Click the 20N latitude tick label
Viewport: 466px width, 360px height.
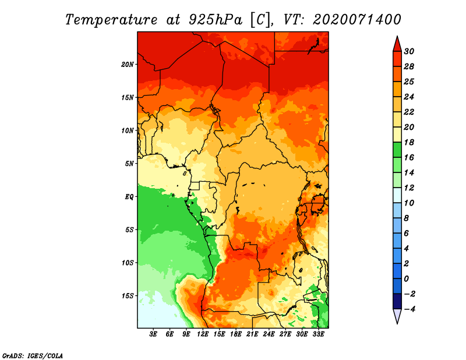click(128, 64)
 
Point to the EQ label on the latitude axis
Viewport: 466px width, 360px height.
click(129, 196)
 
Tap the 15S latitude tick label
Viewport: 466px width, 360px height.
click(128, 295)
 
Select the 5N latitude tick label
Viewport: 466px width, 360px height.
click(129, 163)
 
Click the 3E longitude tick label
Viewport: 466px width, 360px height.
click(154, 334)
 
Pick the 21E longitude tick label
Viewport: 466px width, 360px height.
click(252, 334)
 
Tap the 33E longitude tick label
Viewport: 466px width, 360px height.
click(318, 334)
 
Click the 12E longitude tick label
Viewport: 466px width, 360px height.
click(203, 334)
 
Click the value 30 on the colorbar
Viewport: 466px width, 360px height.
click(409, 51)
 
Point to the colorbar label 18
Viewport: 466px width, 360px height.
click(409, 142)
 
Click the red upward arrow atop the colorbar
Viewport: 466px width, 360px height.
click(397, 44)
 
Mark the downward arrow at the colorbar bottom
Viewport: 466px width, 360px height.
click(397, 316)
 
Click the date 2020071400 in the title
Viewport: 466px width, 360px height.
click(357, 19)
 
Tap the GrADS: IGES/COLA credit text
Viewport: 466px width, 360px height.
click(32, 355)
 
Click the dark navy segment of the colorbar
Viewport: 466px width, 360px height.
click(397, 301)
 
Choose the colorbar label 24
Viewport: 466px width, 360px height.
click(409, 97)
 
